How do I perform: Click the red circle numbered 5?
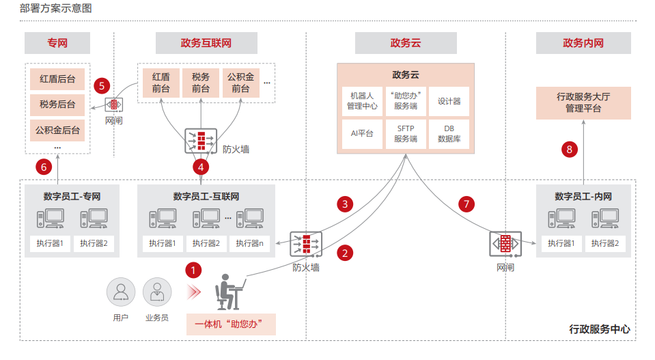pyautogui.click(x=102, y=85)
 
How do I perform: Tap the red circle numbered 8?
pyautogui.click(x=569, y=149)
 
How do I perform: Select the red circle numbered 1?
pyautogui.click(x=194, y=270)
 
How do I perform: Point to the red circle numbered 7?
pyautogui.click(x=466, y=204)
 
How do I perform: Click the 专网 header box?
pyautogui.click(x=57, y=43)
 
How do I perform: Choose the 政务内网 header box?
pyautogui.click(x=583, y=43)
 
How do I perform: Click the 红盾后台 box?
pyautogui.click(x=57, y=79)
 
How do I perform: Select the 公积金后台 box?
pyautogui.click(x=57, y=130)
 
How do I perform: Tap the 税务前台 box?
pyautogui.click(x=201, y=82)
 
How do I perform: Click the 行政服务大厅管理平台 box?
pyautogui.click(x=583, y=102)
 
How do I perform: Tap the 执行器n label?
pyautogui.click(x=250, y=243)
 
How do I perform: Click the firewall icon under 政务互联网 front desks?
pyautogui.click(x=201, y=141)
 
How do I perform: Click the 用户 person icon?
pyautogui.click(x=121, y=292)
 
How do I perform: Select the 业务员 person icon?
pyautogui.click(x=156, y=292)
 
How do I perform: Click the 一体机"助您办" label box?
pyautogui.click(x=231, y=324)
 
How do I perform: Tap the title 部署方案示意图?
pyautogui.click(x=56, y=9)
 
